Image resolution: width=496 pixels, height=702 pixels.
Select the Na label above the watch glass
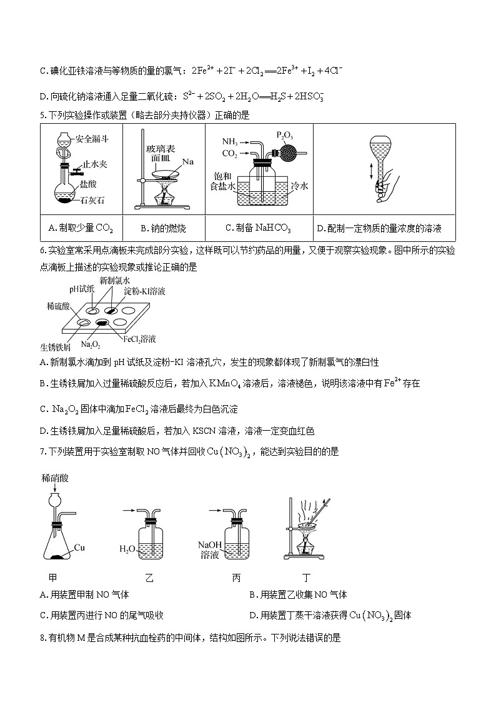click(x=187, y=162)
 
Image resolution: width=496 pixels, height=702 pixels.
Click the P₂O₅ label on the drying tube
click(x=284, y=134)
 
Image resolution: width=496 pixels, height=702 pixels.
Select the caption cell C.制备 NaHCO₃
click(x=259, y=228)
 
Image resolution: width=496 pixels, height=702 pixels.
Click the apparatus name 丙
click(x=236, y=578)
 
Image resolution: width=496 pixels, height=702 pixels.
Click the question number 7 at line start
click(x=41, y=451)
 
